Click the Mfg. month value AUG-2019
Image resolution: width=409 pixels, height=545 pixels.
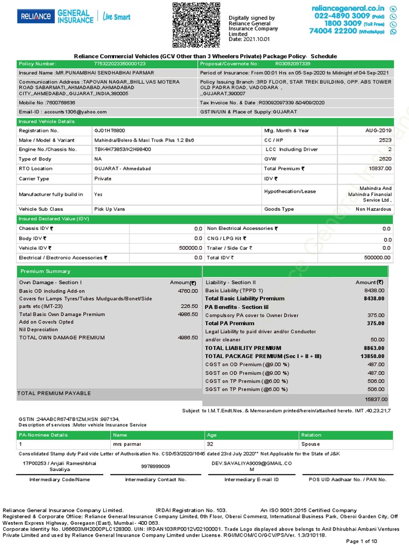(x=378, y=130)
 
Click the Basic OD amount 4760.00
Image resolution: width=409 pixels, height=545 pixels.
(x=187, y=291)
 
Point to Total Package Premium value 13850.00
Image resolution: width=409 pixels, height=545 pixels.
(x=374, y=356)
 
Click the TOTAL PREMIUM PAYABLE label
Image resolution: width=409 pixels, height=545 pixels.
(x=54, y=393)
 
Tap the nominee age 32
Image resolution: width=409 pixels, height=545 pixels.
(x=210, y=444)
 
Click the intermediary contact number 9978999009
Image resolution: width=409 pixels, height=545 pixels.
(x=156, y=466)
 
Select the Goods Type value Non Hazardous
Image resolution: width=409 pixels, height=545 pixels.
(x=373, y=209)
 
